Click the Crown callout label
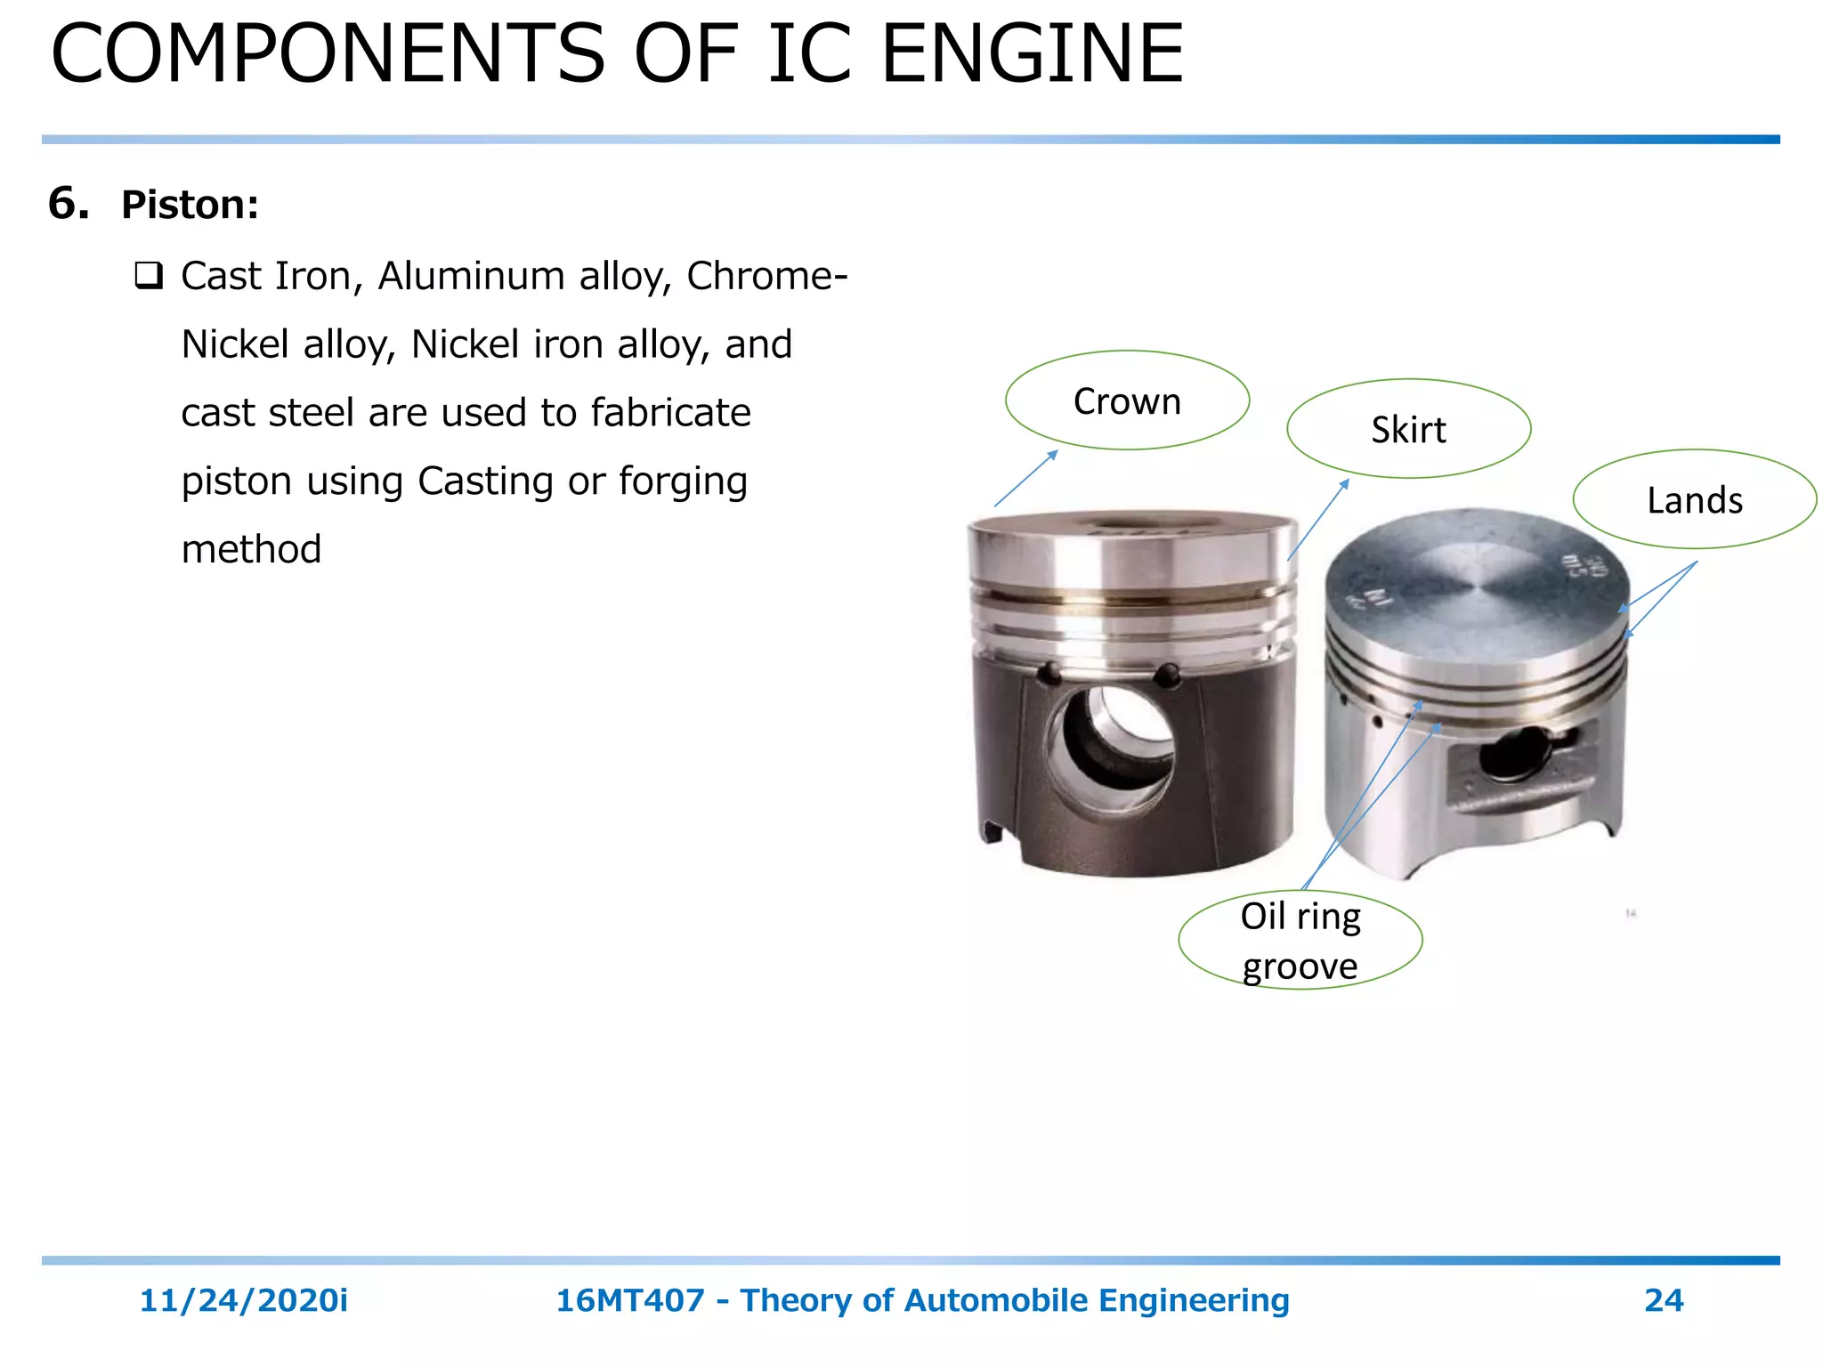(x=1127, y=401)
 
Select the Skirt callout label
(x=1408, y=430)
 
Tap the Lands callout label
(x=1694, y=500)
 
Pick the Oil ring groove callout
(x=1300, y=941)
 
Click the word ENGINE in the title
(x=1032, y=55)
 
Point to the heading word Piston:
(x=190, y=205)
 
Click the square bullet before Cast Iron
(x=149, y=276)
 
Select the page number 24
(x=1663, y=1300)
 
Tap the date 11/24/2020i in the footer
(x=243, y=1300)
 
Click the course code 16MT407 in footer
(x=629, y=1300)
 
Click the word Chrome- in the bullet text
(x=766, y=276)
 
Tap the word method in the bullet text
(x=251, y=549)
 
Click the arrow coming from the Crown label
(x=1025, y=479)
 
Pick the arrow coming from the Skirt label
(x=1318, y=520)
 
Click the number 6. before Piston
(x=69, y=204)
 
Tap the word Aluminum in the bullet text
(x=473, y=276)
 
